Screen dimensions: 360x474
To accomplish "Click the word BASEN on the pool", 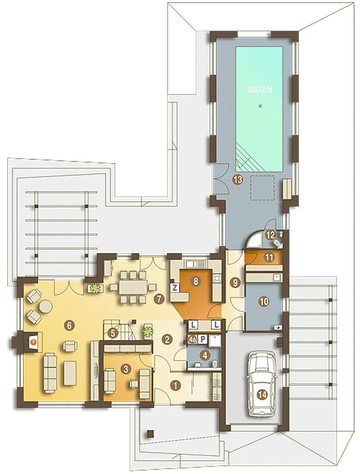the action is pos(260,90).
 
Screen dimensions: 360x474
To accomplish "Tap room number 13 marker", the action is pos(238,180).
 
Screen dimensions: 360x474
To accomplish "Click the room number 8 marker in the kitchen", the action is pos(196,281).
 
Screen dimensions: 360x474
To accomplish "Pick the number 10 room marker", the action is pos(263,302).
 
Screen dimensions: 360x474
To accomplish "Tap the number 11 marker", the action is pos(269,257).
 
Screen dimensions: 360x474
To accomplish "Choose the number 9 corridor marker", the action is pos(236,283).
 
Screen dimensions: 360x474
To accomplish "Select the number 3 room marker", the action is pos(126,368).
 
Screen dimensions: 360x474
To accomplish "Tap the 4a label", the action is pos(192,339).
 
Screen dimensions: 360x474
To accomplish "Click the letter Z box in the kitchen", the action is pos(175,288).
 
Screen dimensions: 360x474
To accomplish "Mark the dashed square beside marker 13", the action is pos(262,188).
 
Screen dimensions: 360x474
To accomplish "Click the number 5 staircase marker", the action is pos(113,333).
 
